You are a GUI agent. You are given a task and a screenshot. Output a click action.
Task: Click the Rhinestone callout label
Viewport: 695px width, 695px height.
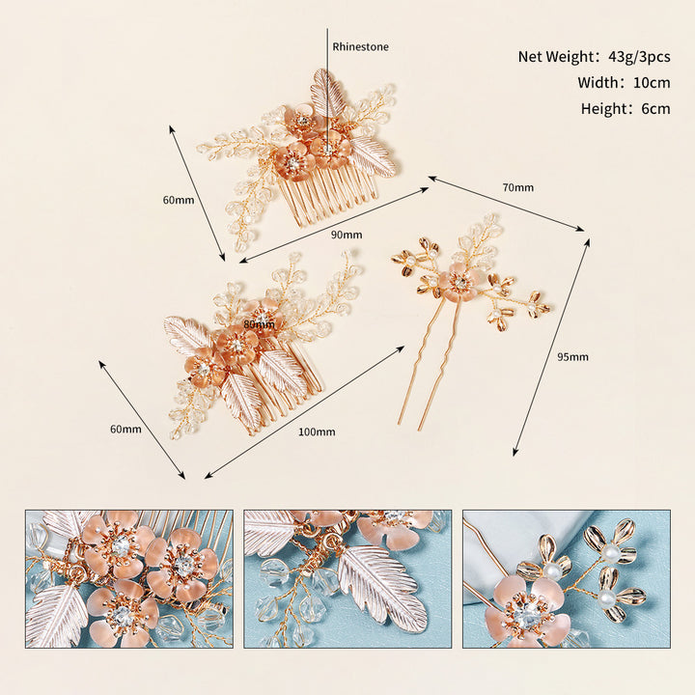coord(360,46)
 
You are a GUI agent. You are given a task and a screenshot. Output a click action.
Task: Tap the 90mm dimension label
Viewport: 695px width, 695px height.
coord(347,235)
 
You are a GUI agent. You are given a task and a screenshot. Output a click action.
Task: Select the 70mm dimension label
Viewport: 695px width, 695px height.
coord(517,187)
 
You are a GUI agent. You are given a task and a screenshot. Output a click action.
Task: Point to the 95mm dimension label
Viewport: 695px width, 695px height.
coord(572,357)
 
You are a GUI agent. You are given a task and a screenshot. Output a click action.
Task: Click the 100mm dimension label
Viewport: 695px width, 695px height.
coord(317,431)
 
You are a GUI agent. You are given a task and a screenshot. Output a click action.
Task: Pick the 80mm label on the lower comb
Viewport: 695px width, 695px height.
coord(260,324)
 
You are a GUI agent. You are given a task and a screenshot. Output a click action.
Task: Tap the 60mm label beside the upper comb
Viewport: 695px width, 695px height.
coord(179,200)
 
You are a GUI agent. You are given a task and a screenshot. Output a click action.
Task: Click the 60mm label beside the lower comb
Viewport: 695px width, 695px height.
coord(125,429)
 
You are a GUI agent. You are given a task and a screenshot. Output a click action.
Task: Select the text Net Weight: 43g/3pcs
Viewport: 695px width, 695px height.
coord(594,56)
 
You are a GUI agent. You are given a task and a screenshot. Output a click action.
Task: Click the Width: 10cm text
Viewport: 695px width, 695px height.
coord(624,82)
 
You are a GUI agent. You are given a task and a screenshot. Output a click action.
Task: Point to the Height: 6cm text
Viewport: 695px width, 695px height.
coord(625,108)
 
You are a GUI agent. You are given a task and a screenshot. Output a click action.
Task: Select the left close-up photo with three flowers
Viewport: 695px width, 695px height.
coord(129,579)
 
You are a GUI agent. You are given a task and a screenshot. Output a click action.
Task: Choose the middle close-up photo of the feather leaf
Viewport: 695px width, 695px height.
coord(347,579)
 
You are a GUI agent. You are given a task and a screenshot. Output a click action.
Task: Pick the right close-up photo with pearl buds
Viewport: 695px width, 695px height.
coord(567,579)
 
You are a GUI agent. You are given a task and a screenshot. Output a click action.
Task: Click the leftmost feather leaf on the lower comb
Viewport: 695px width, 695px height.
coord(188,333)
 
